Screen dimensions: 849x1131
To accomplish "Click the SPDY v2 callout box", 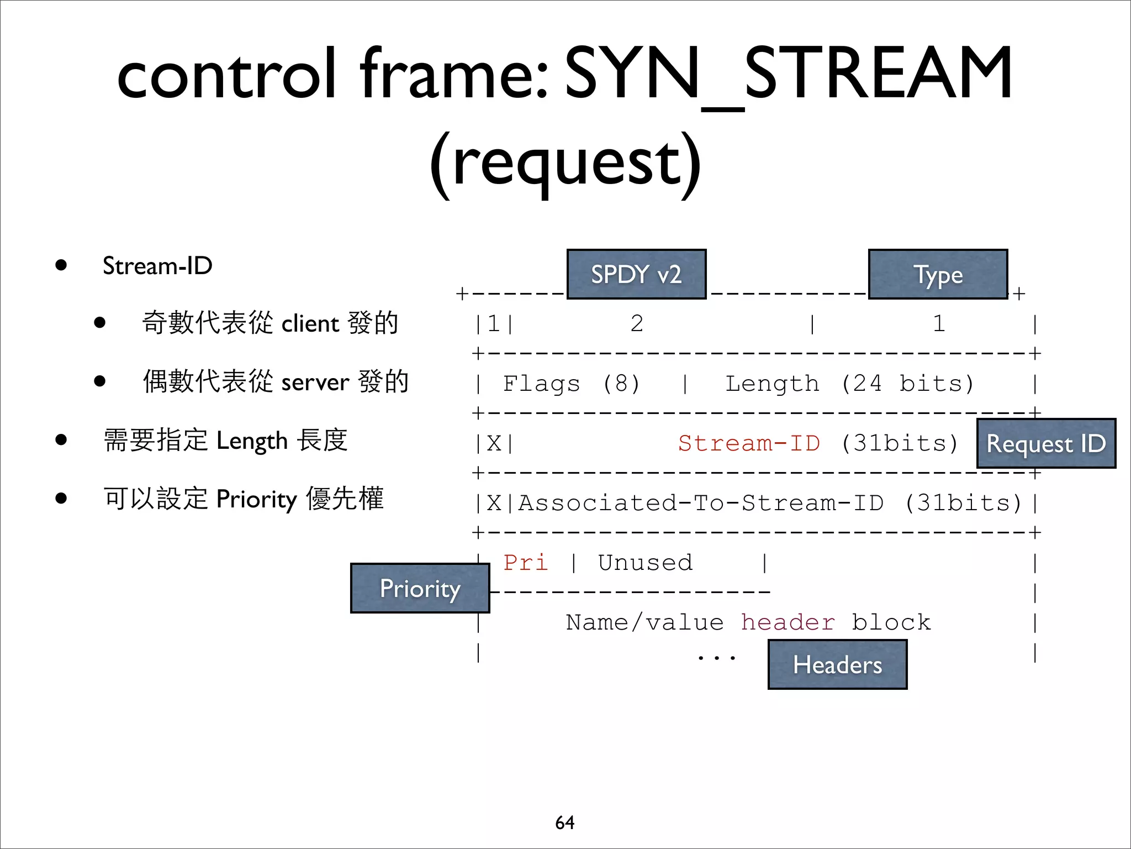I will [x=636, y=274].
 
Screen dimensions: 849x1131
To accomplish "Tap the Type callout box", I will [x=938, y=274].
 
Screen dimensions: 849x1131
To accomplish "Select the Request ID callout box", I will [x=1046, y=443].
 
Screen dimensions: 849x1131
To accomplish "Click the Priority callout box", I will [x=420, y=588].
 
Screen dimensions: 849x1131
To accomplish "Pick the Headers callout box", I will [x=837, y=664].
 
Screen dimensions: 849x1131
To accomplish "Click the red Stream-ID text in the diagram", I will [x=749, y=443].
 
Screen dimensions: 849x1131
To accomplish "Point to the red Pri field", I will [x=525, y=563].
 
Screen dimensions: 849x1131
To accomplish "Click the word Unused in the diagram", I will [x=645, y=563].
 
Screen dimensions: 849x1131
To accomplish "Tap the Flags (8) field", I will [x=571, y=384].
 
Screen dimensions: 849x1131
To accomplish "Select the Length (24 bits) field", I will [x=849, y=384].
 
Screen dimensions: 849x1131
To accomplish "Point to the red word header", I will [x=788, y=622].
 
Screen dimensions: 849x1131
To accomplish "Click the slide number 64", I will [x=564, y=822].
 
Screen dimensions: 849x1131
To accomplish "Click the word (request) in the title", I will [x=565, y=164].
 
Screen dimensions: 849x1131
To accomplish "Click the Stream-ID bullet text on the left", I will [x=157, y=266].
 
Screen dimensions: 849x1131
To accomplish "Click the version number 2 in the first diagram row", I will [x=637, y=324].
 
